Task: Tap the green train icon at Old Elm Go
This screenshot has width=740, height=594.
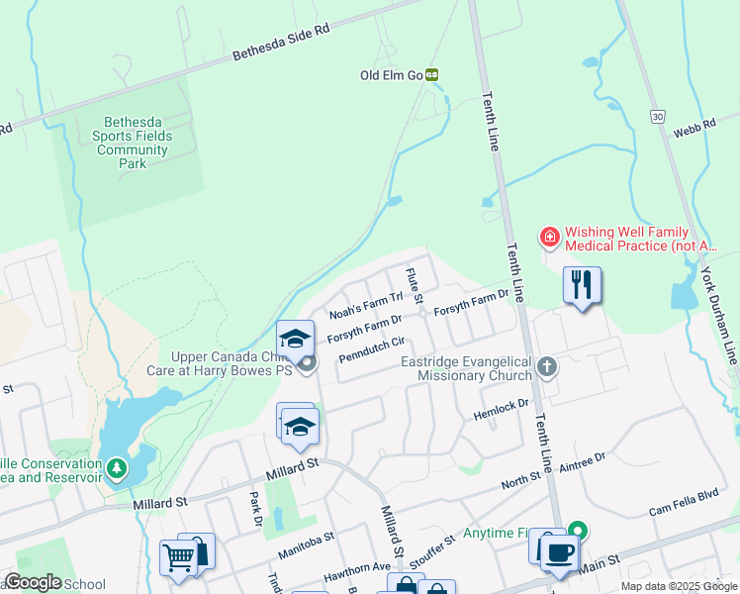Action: click(432, 74)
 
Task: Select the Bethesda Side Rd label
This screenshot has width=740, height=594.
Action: click(281, 45)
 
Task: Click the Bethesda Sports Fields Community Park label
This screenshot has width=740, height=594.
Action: click(133, 136)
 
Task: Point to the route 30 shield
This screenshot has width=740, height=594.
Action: click(658, 116)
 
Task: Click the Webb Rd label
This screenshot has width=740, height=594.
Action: click(694, 129)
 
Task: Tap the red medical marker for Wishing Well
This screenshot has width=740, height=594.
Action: click(548, 238)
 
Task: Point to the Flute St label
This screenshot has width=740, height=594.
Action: click(413, 286)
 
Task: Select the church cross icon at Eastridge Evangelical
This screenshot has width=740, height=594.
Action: click(545, 368)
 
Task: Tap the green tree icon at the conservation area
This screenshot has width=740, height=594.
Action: click(117, 466)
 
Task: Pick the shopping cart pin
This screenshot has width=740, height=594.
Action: click(178, 557)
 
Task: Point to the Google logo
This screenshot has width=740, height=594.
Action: click(33, 582)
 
